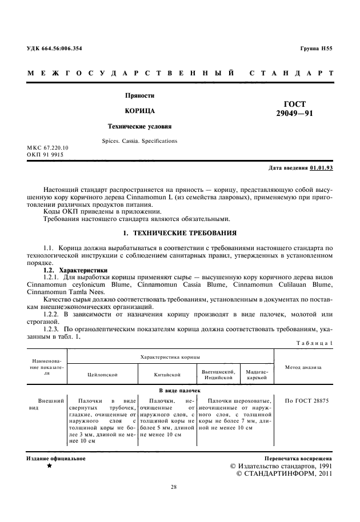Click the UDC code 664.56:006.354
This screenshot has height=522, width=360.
pos(54,49)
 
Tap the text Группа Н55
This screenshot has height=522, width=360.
pos(316,49)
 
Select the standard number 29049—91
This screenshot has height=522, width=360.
pos(294,114)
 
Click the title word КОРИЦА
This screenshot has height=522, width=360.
pos(140,110)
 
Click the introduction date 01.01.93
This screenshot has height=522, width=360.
pos(321,168)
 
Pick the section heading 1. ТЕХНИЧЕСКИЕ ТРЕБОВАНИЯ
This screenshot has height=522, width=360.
pos(179,233)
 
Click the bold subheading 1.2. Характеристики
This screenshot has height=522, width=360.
pos(76,270)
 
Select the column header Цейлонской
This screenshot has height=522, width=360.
pos(102,375)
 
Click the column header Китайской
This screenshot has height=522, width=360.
pos(167,375)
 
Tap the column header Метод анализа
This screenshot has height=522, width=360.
pos(303,368)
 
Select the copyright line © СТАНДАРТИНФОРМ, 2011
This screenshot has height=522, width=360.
pos(283,473)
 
